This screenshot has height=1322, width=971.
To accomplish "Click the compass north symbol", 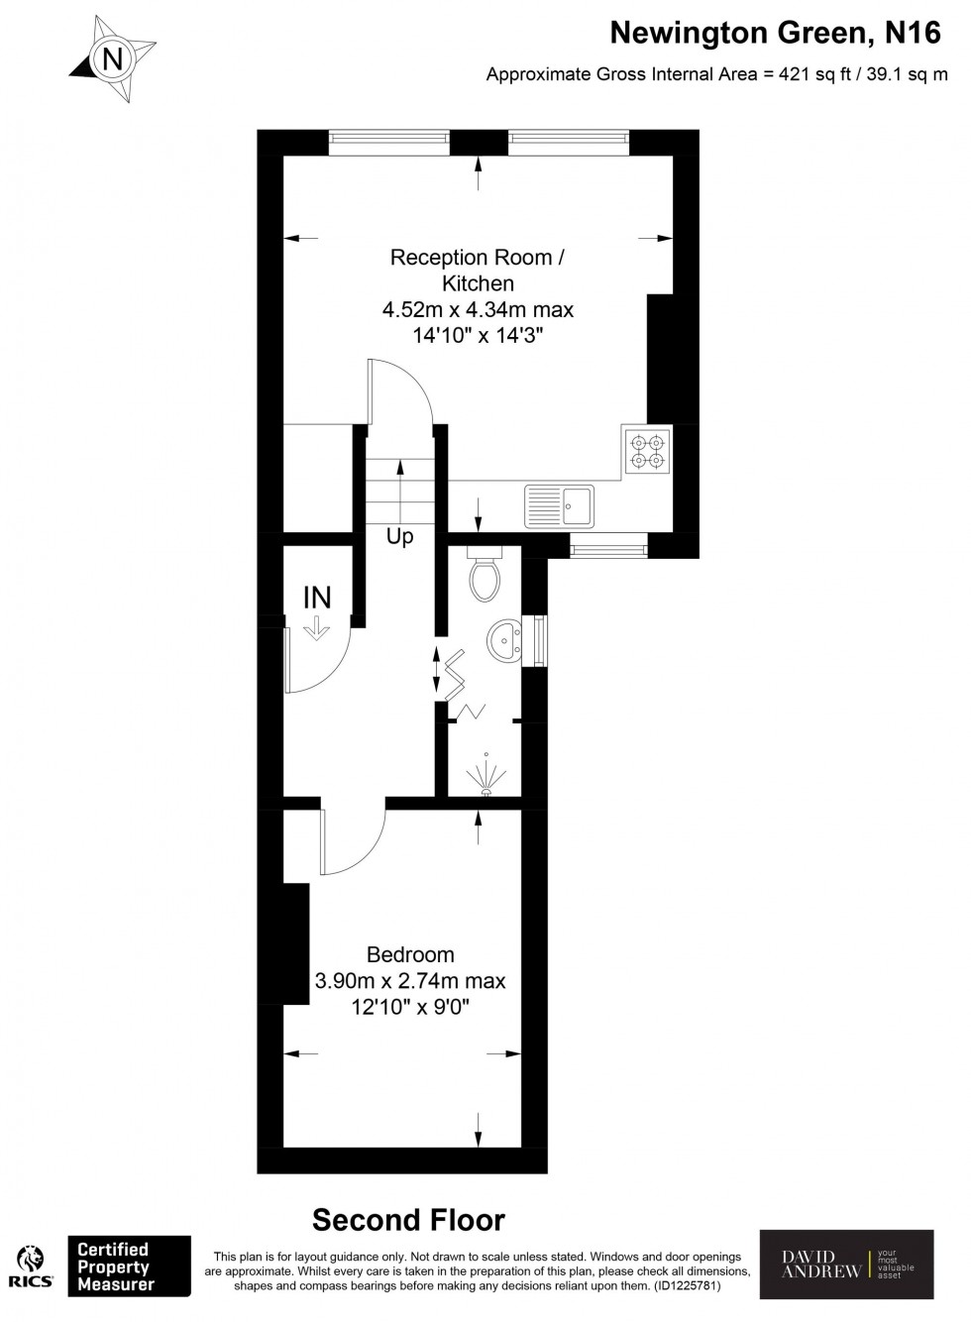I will [x=113, y=60].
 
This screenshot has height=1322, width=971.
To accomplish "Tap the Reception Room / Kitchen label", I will [x=478, y=271].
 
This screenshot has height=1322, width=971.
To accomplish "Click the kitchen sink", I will [x=559, y=506].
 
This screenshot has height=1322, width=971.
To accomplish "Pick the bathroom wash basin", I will [x=506, y=640].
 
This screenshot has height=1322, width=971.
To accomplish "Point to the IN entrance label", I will [x=317, y=598].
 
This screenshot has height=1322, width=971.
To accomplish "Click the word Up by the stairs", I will [x=400, y=537].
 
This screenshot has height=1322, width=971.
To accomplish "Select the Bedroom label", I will [x=410, y=954].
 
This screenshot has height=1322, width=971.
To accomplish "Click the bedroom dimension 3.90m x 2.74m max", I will [x=410, y=981].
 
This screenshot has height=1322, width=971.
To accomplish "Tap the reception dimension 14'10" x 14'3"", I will [x=478, y=336].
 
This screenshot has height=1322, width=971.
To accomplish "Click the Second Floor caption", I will [x=408, y=1219].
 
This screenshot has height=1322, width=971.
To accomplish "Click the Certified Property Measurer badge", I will [x=128, y=1266].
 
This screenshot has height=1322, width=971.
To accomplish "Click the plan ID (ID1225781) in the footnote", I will [x=686, y=1286].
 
